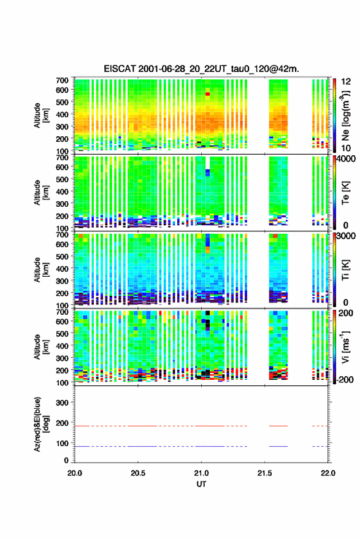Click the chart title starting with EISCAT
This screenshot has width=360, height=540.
(201, 69)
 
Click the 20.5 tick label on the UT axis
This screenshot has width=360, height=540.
(137, 473)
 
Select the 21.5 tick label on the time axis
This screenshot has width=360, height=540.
(264, 473)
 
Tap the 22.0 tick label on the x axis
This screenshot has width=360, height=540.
(327, 473)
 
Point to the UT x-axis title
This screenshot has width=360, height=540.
(201, 484)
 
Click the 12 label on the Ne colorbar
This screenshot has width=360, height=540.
(346, 82)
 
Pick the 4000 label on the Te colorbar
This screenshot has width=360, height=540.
(347, 159)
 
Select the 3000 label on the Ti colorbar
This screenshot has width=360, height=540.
(347, 236)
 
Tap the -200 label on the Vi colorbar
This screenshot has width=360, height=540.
(345, 379)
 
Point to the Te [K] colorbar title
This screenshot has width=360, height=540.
(345, 193)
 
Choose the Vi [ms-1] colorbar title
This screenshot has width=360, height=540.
(345, 347)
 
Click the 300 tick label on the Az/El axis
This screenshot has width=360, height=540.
(63, 403)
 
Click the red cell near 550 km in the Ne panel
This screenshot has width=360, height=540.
(207, 94)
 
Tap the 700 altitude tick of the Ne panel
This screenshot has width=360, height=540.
(63, 80)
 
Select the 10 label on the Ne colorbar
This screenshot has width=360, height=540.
(346, 148)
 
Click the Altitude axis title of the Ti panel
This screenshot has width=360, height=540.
(40, 269)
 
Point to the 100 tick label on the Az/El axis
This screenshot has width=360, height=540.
(63, 443)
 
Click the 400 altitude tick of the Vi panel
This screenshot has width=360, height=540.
(63, 345)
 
